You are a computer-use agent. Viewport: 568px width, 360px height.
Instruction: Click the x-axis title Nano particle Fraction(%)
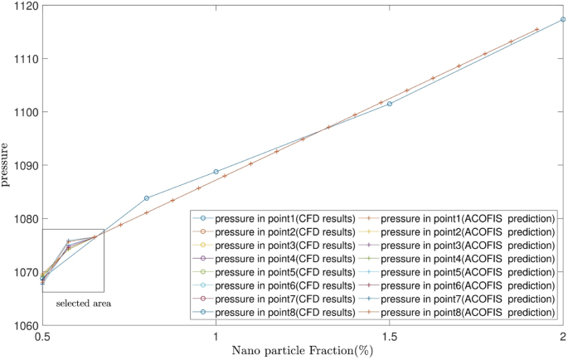click(303, 351)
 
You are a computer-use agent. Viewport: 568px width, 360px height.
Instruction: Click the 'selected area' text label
click(84, 304)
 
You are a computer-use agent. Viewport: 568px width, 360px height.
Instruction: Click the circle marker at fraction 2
click(563, 19)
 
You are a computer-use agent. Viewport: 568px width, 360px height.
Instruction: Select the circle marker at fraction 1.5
click(390, 104)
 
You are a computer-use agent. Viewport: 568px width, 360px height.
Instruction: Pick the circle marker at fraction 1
click(216, 172)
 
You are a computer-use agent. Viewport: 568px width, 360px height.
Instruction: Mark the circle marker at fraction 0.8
click(147, 198)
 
